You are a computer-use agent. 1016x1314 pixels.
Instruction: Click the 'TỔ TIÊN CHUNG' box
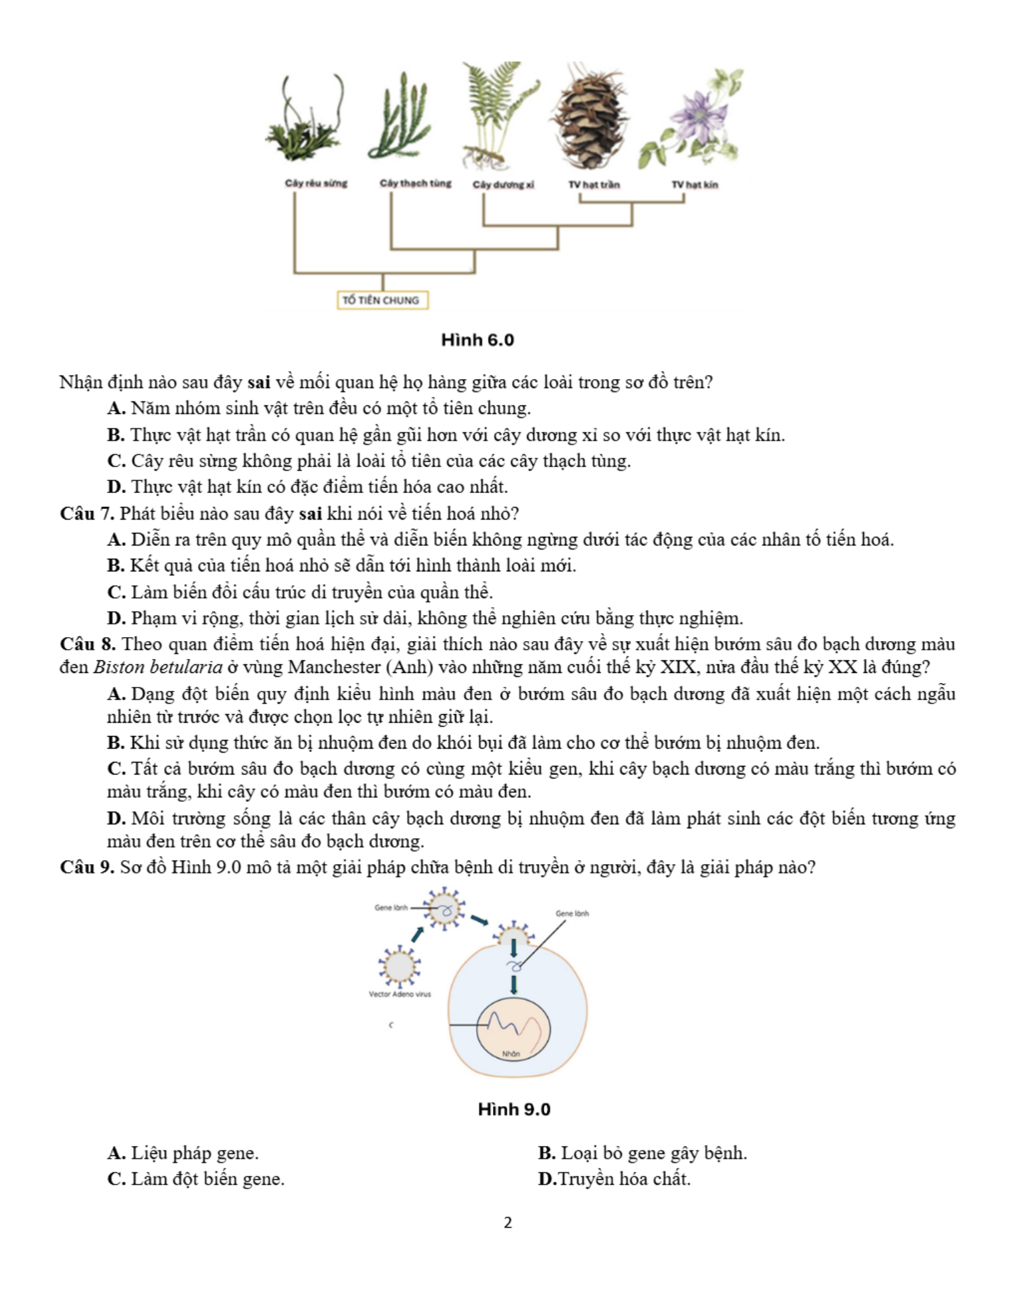[x=381, y=300]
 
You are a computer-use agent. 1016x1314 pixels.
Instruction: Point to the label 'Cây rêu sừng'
[x=316, y=183]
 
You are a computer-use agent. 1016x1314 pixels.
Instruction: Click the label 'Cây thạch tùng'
[x=415, y=183]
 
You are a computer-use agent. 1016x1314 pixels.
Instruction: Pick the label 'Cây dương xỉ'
[x=503, y=184]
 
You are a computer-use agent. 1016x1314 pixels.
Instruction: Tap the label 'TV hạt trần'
[x=594, y=184]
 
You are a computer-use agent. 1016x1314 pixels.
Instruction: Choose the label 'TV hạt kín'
[x=695, y=184]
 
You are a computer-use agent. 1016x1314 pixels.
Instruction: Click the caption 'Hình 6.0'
[x=477, y=340]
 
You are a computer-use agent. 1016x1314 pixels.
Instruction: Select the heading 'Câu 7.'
[x=87, y=514]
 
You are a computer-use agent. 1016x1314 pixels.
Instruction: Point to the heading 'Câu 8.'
[x=87, y=644]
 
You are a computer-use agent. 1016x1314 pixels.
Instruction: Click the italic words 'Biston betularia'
[x=157, y=667]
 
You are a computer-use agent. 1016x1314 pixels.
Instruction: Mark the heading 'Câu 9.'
[x=87, y=867]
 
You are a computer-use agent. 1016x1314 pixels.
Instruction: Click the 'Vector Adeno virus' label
[x=400, y=994]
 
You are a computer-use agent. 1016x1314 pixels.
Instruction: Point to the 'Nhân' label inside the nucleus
[x=511, y=1054]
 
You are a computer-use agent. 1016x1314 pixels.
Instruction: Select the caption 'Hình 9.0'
[x=514, y=1110]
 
